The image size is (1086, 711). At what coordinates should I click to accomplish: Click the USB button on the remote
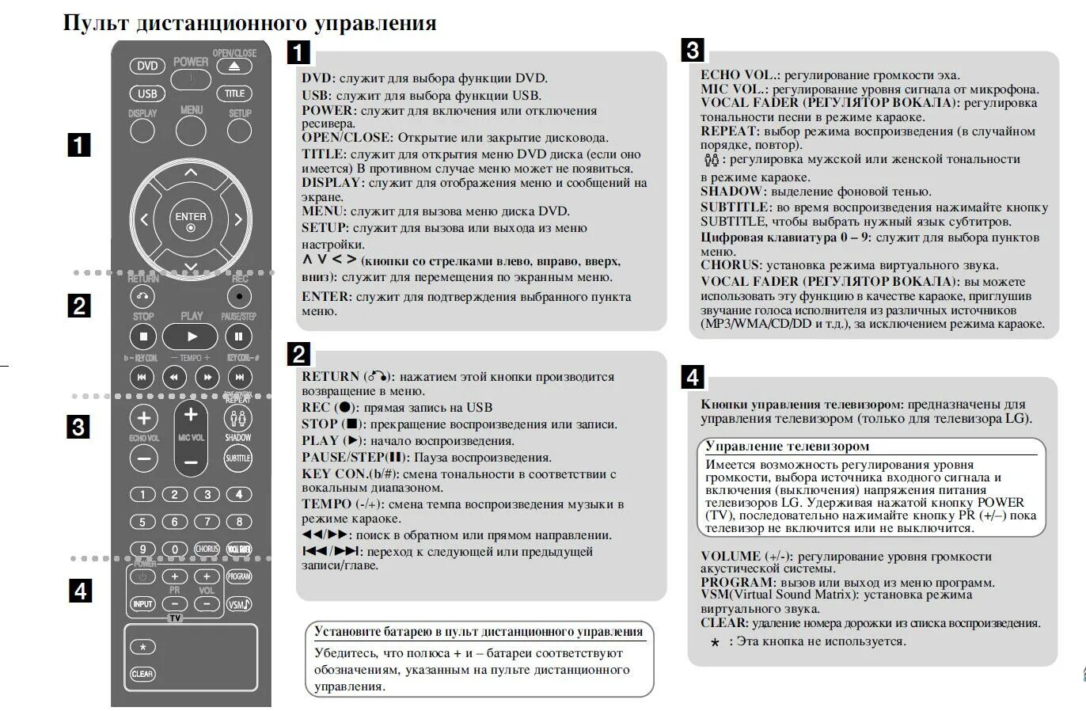147,93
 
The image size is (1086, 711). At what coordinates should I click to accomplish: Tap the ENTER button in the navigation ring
191,220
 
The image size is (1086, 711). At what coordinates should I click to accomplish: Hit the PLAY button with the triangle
191,336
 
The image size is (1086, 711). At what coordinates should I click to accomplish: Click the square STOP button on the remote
143,336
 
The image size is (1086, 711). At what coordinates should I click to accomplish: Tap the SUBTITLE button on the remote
237,458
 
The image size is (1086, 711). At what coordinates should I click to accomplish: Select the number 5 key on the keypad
142,522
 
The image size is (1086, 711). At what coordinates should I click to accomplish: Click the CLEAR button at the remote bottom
142,674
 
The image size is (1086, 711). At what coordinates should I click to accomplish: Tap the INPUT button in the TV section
142,604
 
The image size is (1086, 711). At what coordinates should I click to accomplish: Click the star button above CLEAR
142,647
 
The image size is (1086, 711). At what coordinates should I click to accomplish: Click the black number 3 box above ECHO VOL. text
692,50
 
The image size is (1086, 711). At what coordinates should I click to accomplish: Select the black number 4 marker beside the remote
79,591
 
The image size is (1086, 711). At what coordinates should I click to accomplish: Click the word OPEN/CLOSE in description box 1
346,138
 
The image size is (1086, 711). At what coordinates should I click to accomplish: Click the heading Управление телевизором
787,447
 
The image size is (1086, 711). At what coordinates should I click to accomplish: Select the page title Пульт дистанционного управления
249,22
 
